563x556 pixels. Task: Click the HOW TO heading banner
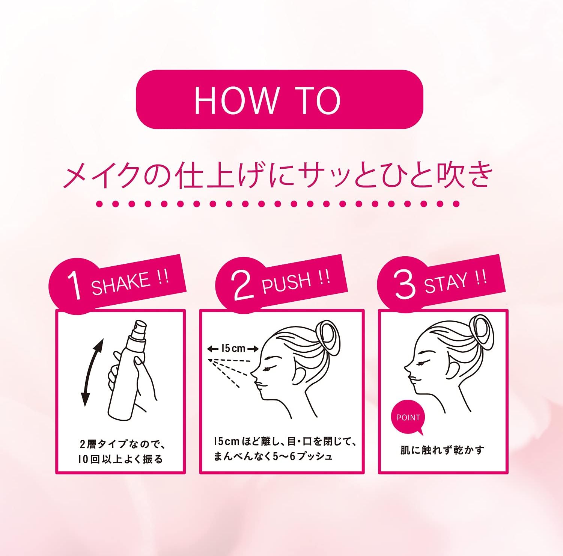(279, 100)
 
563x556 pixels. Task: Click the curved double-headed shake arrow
(92, 372)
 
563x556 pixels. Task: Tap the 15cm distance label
(233, 349)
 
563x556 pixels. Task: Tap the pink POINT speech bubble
(408, 418)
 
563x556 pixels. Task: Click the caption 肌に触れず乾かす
(442, 450)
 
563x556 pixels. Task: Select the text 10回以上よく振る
(120, 459)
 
